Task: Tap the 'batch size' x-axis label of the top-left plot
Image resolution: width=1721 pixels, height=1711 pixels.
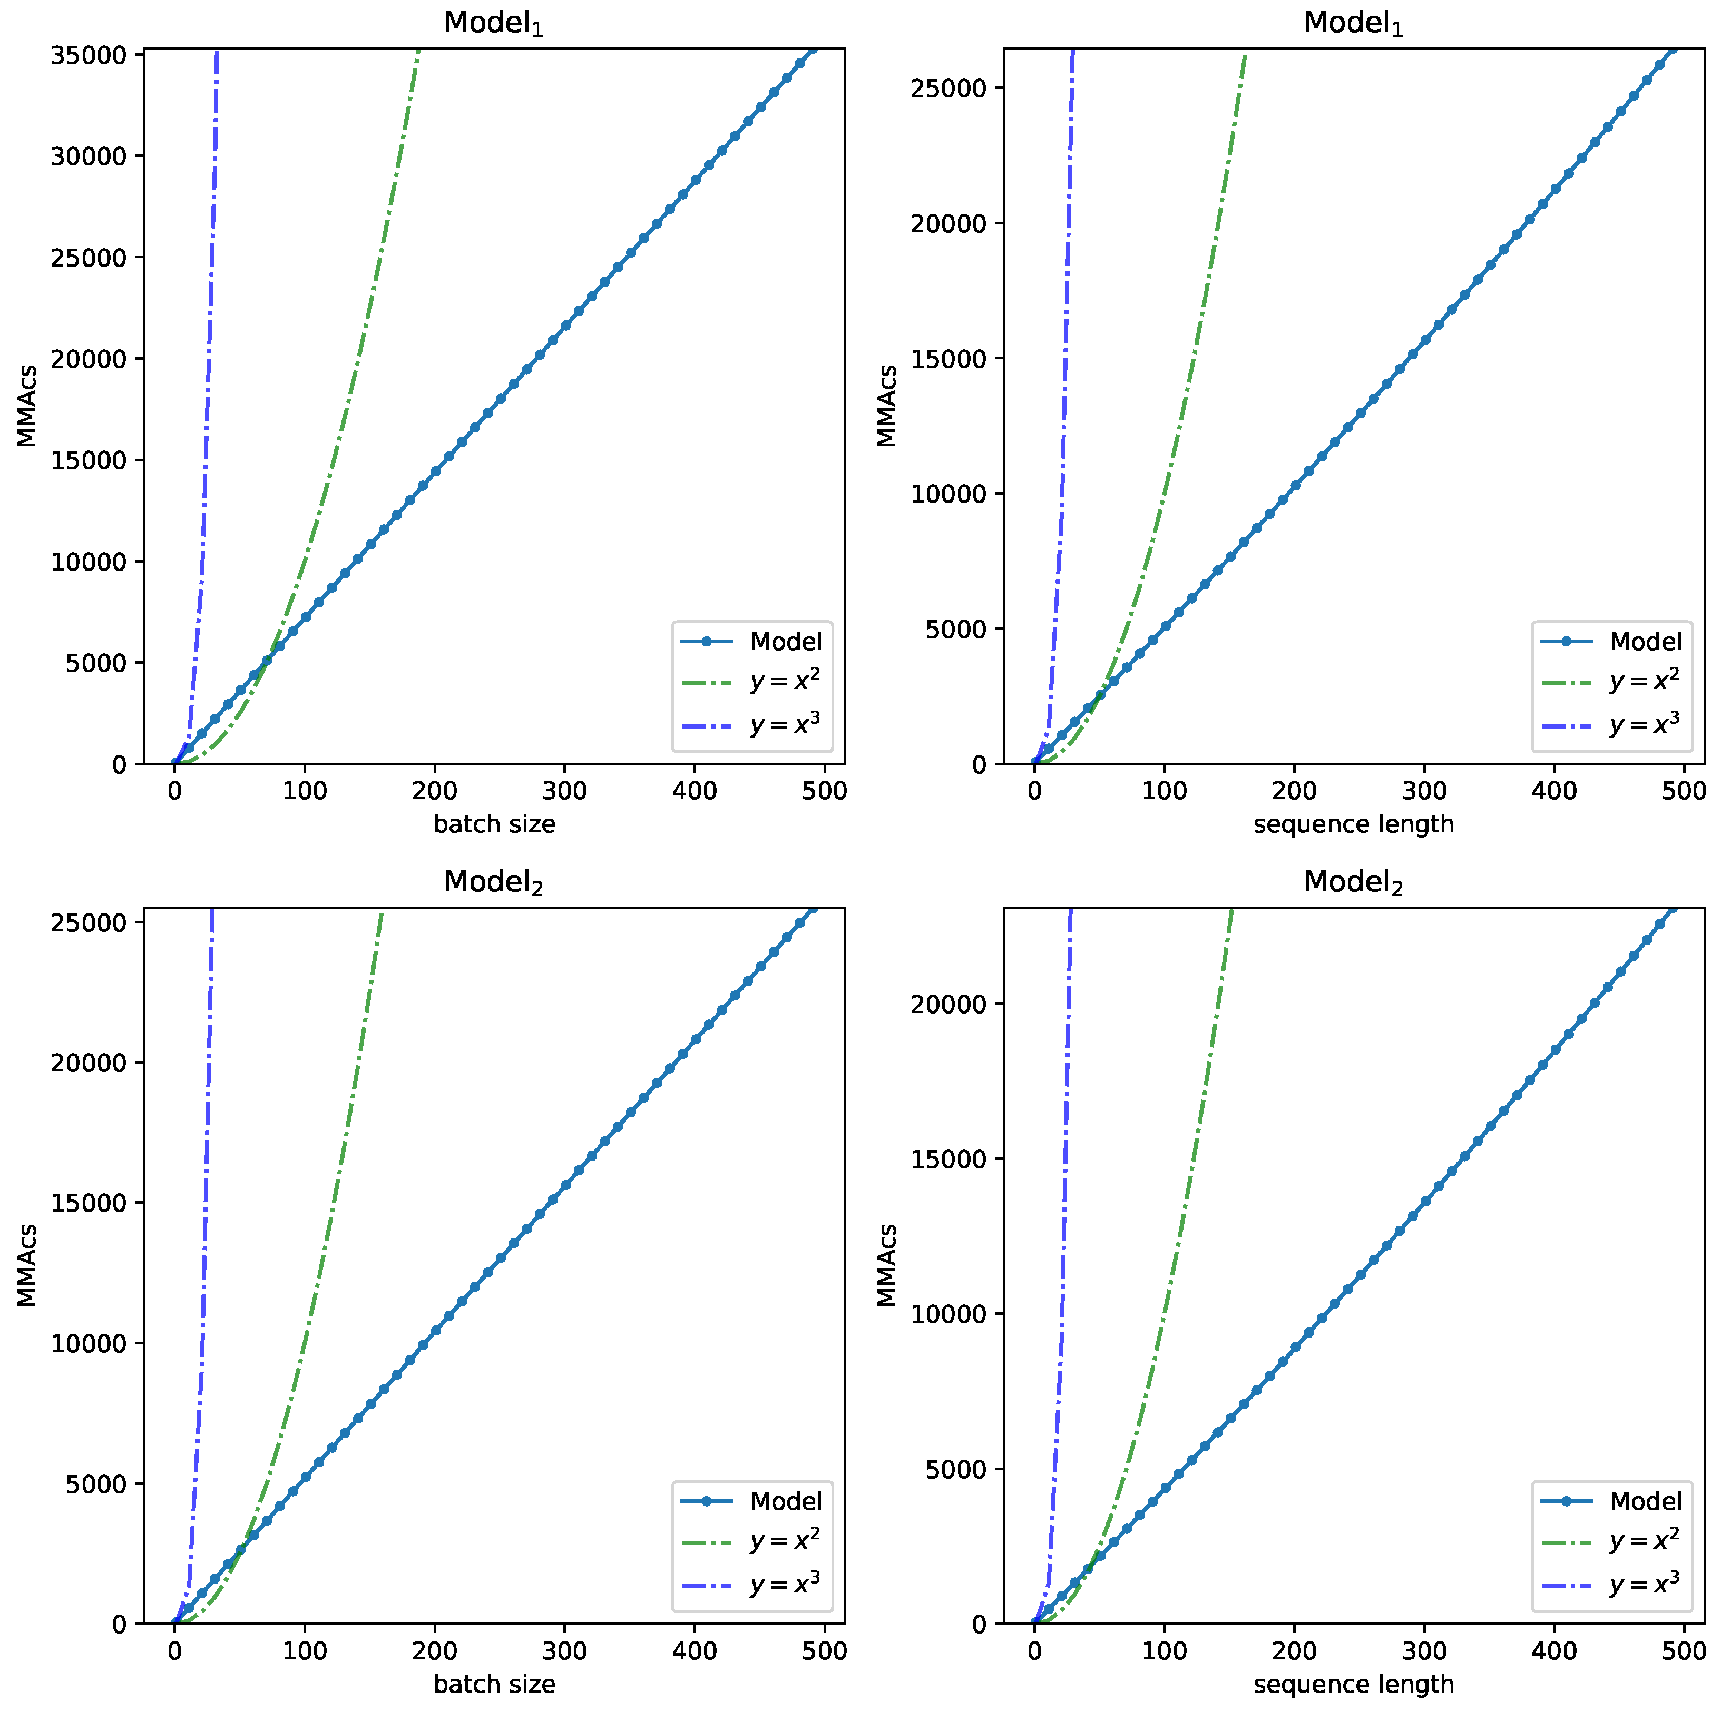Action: (x=494, y=824)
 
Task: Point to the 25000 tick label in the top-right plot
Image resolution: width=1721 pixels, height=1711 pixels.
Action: (x=948, y=88)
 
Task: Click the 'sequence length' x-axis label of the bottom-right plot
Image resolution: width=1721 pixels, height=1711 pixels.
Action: (x=1353, y=1684)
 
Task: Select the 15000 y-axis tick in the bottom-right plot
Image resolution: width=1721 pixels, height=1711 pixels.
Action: (x=948, y=1159)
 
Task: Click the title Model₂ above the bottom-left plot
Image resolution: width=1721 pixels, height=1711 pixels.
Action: (x=494, y=882)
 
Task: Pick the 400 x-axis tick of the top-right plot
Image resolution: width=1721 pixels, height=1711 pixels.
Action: (x=1554, y=791)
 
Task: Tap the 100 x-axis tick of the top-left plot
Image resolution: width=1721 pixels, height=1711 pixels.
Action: (x=305, y=791)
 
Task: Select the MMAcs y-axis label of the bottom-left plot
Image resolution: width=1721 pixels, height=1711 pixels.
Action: (x=27, y=1265)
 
